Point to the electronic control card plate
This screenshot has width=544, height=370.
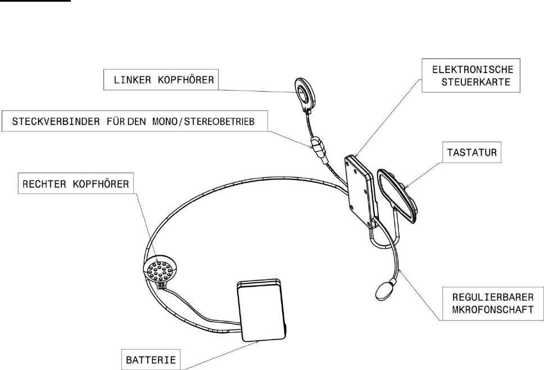359,185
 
